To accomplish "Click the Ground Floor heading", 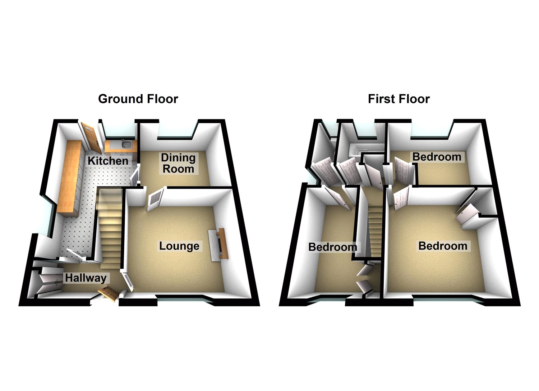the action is tap(138, 99).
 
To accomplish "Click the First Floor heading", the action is tap(399, 99).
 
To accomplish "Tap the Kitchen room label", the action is tap(108, 161).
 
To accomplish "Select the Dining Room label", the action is tap(178, 163).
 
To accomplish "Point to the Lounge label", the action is tap(179, 246).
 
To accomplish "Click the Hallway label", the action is tap(86, 278).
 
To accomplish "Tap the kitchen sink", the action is tap(126, 145).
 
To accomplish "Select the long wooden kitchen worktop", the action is tap(70, 178).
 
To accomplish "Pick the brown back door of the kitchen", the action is tap(89, 136).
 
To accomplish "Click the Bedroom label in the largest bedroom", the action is tap(443, 246).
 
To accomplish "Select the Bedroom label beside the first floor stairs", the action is tap(333, 247).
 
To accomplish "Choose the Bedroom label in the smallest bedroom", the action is tap(437, 157).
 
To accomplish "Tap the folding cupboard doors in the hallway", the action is tap(49, 282).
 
